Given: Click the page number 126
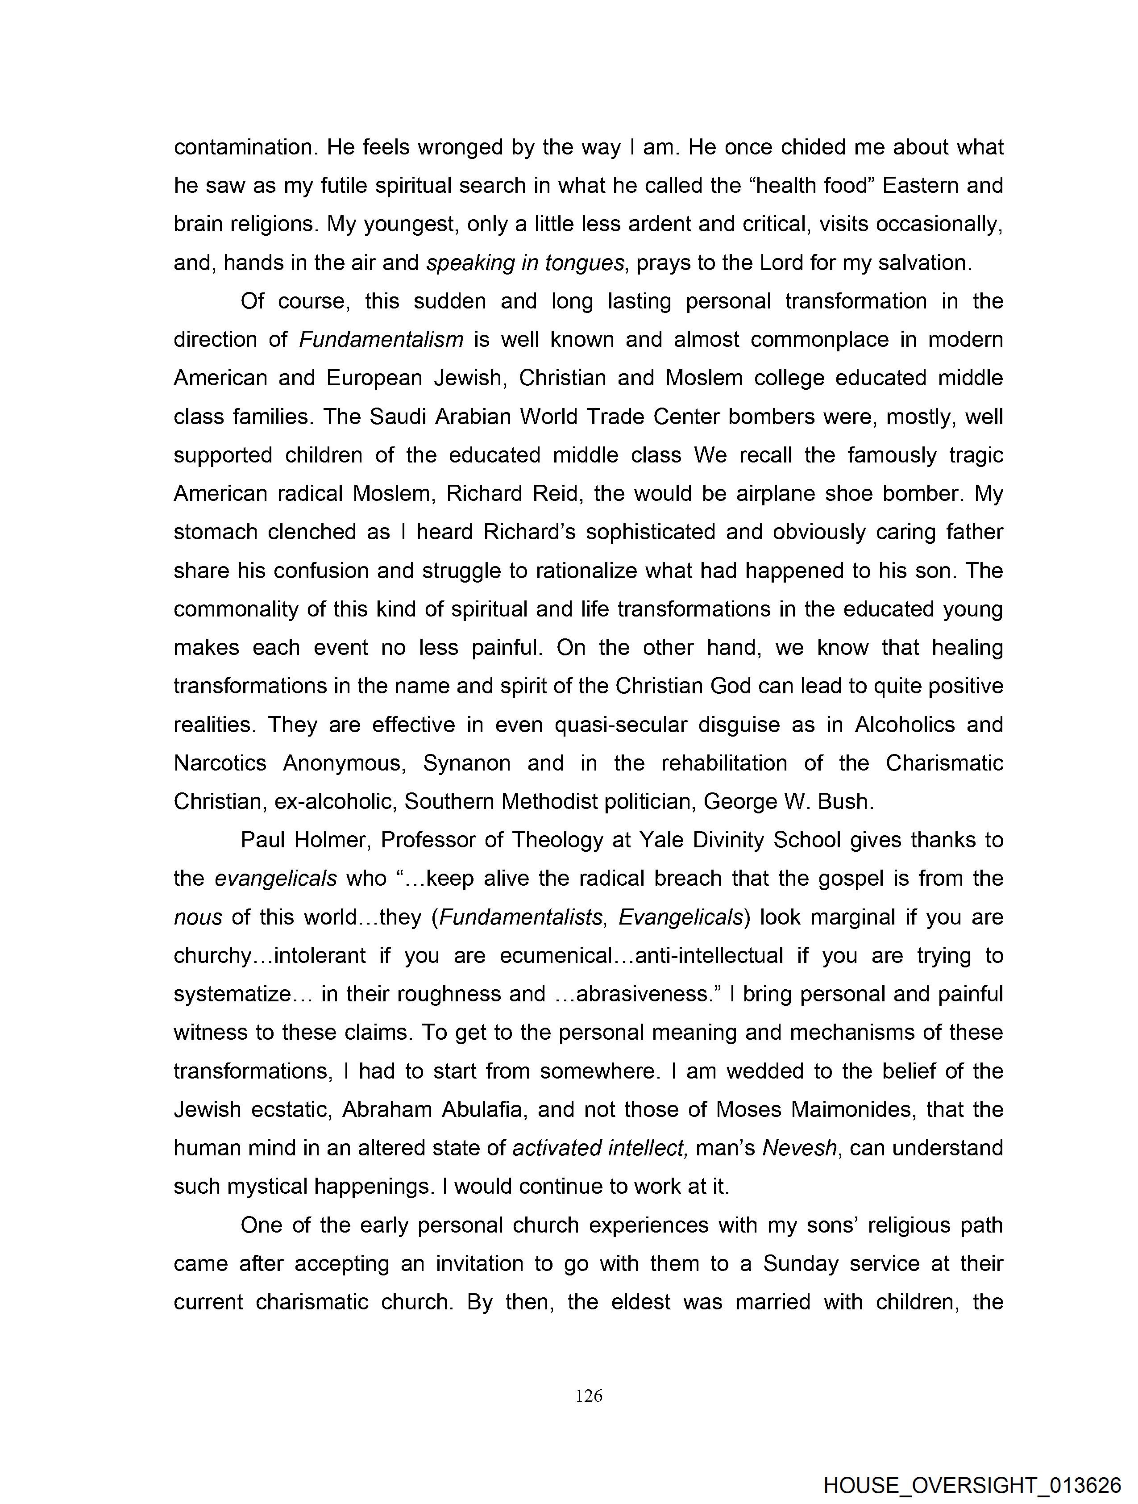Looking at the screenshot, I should tap(589, 1396).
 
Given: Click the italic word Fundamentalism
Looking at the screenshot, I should tap(382, 339).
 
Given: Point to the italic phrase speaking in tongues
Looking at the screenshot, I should tap(525, 262).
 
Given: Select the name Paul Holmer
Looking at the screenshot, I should tap(304, 840).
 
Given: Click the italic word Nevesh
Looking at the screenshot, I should tap(799, 1148).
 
